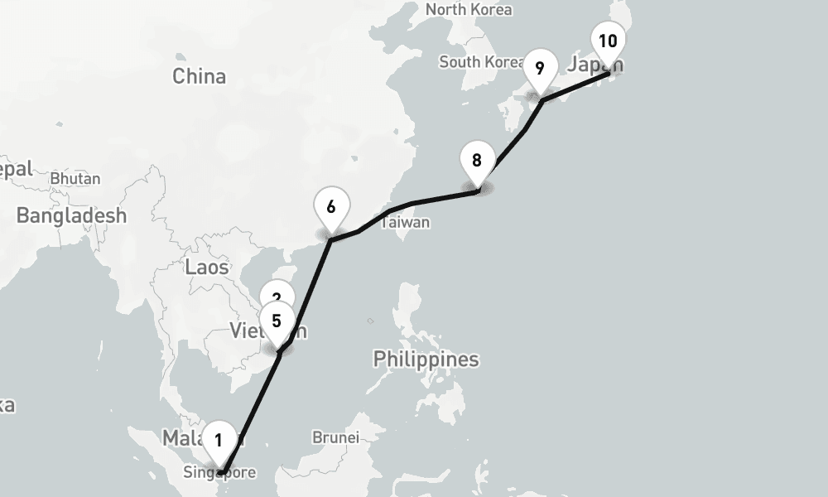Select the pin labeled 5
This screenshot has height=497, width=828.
tap(277, 320)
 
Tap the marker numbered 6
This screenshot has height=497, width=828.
tap(331, 207)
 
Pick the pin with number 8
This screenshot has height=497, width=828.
tap(476, 161)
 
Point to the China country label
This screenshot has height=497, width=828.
tap(199, 76)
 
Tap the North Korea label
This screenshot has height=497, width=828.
tap(469, 10)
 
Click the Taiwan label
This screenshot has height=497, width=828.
tap(406, 222)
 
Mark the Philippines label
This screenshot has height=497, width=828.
tap(426, 359)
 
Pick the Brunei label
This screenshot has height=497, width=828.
tap(335, 437)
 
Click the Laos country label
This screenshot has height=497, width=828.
tap(206, 267)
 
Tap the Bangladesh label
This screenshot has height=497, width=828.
tap(71, 215)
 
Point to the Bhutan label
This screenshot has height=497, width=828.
tap(75, 178)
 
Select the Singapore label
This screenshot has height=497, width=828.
tap(220, 473)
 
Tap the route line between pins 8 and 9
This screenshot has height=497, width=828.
tap(514, 144)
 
